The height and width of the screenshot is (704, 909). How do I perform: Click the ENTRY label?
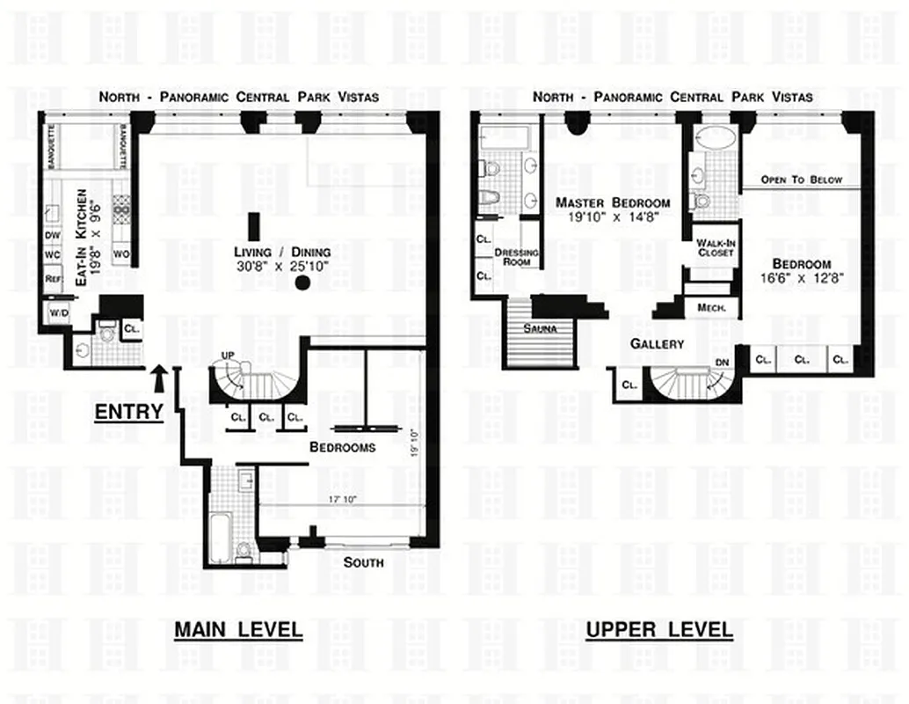128,411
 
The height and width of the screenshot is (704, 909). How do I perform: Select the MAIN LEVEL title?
237,630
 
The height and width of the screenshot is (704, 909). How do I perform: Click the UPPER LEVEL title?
658,630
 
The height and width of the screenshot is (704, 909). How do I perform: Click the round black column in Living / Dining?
302,282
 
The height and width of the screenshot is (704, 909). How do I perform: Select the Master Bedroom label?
612,209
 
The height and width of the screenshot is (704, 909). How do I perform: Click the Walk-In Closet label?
714,247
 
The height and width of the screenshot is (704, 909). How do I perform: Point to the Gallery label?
657,344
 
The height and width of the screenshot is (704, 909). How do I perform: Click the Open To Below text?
801,180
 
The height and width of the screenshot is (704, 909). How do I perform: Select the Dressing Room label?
516,257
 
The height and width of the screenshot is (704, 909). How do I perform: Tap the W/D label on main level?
59,313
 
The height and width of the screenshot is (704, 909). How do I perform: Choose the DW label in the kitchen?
52,235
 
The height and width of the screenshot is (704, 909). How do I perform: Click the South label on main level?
363,562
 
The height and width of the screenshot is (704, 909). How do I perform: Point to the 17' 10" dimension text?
344,499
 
